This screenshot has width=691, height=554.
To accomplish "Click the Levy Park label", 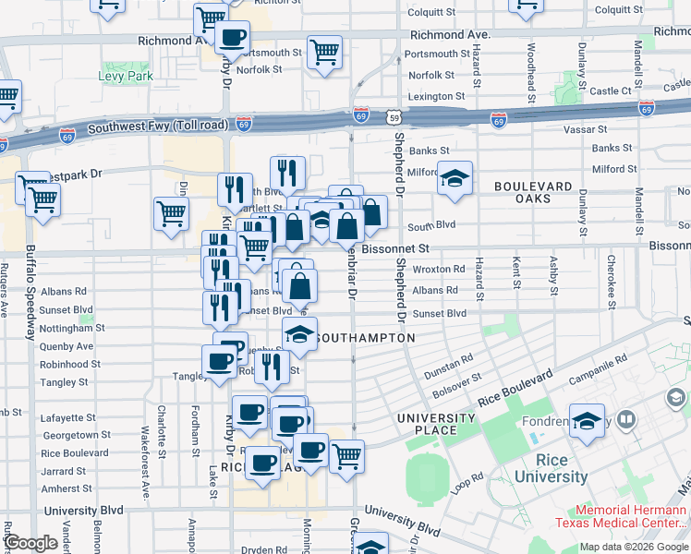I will coord(127,76).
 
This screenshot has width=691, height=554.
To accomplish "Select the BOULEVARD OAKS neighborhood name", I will coord(534,192).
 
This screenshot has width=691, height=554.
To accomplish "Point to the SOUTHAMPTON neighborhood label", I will coord(365,339).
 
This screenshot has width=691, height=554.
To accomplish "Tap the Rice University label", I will coord(551,468).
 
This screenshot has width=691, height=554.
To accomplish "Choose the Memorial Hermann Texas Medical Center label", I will coord(632,520).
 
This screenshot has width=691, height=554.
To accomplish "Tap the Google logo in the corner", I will coord(30,543).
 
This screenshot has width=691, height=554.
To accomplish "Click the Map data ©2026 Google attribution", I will coord(634,547).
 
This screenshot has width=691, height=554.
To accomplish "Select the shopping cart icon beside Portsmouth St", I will coord(324,53).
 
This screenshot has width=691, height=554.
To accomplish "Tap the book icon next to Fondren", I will coord(626,421).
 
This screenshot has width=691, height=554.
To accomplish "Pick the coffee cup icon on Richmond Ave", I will coord(231,38).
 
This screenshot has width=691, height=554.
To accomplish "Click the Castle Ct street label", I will coord(610,91).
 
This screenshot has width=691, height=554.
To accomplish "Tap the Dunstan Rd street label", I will coord(448,365).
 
